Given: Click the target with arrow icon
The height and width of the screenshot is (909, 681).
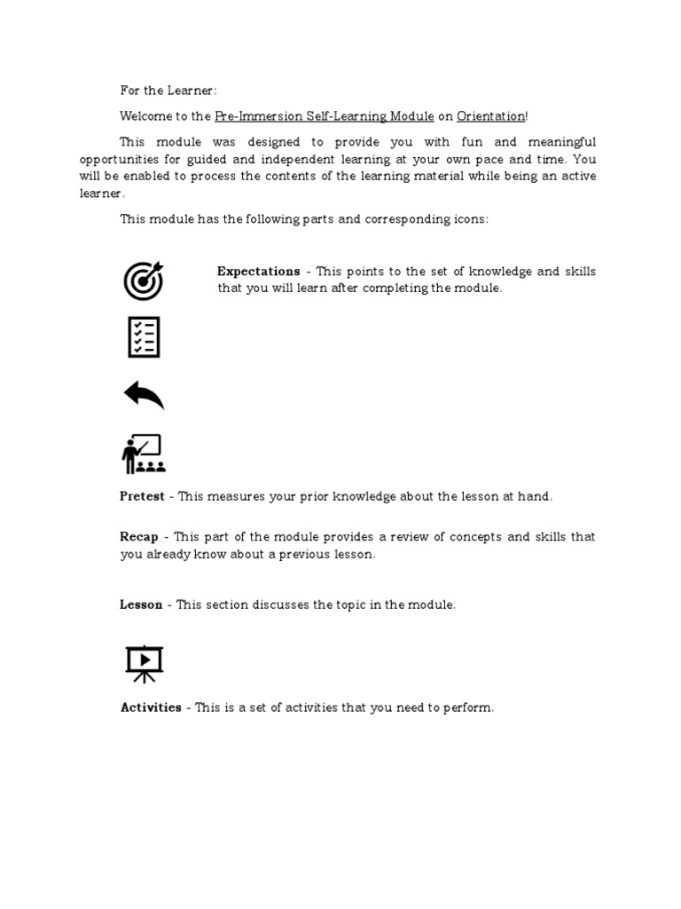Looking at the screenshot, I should (144, 280).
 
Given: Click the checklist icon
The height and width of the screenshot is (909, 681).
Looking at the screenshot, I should (144, 337).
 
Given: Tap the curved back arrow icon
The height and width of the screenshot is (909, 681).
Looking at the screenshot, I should (144, 394).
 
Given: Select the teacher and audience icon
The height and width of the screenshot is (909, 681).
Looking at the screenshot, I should (144, 454).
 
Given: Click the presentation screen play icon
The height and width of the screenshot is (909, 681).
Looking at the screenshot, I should (144, 663).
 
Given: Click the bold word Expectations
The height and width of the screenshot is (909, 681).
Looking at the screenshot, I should (258, 272).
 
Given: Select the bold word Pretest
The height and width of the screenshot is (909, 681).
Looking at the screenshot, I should (142, 496).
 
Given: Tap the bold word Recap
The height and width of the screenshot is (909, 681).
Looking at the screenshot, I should (139, 537).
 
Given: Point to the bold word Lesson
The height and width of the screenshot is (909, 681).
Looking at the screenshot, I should (141, 605).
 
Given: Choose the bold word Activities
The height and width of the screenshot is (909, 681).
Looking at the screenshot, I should (151, 707).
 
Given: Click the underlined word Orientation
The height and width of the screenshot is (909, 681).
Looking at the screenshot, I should (490, 116).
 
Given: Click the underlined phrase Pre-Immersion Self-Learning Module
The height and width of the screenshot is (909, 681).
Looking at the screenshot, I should (325, 116).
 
